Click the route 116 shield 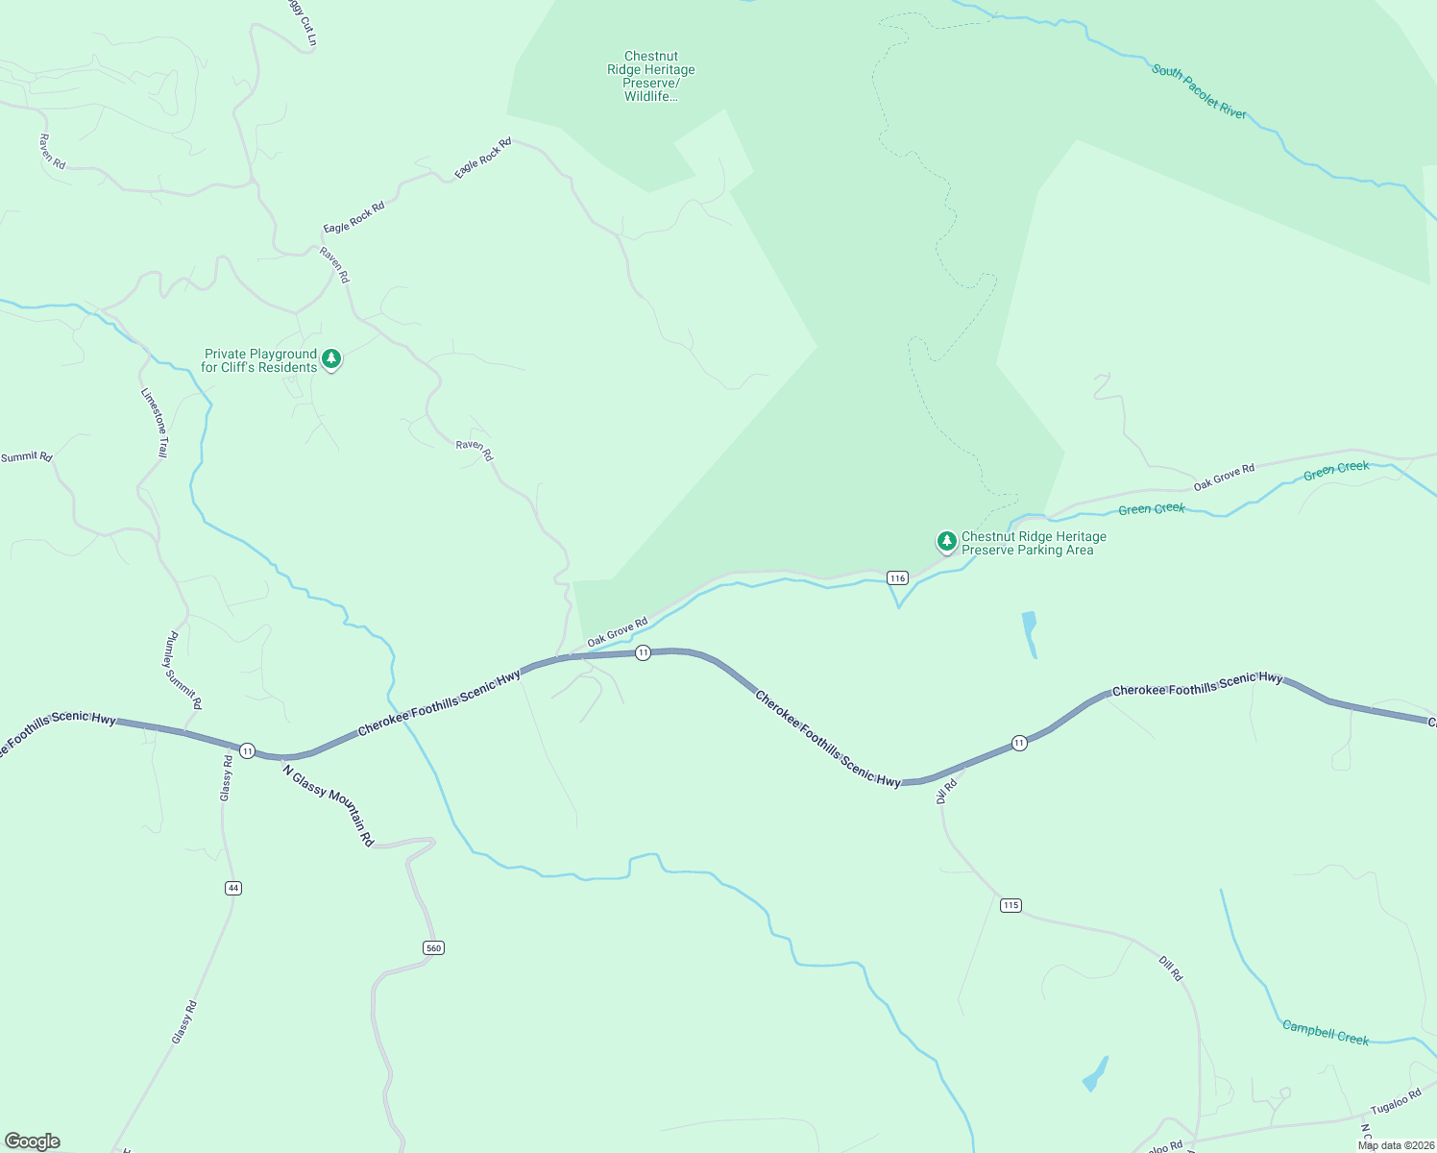click(x=897, y=577)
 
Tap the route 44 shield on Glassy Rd click(x=232, y=888)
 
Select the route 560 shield click(x=433, y=948)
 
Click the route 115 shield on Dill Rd click(x=1010, y=905)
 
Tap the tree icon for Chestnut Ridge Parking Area click(x=946, y=541)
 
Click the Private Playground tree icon click(x=331, y=359)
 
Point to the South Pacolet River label click(x=1199, y=92)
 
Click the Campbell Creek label click(x=1326, y=1033)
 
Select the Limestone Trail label click(x=155, y=423)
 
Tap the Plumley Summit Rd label click(x=183, y=665)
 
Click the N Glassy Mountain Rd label click(x=328, y=804)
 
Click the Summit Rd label click(x=27, y=457)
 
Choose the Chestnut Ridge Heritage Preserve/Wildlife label click(x=651, y=77)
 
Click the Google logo click(x=32, y=1141)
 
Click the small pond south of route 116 click(x=1030, y=634)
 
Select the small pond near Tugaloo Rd click(x=1095, y=1074)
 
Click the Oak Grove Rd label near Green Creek click(x=1224, y=477)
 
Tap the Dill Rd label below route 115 click(x=1170, y=969)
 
